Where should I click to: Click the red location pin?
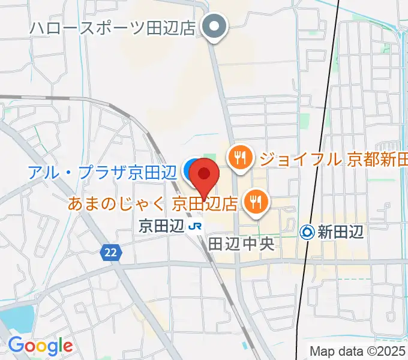205,175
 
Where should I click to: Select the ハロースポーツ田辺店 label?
112,28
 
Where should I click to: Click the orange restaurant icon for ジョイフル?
240,158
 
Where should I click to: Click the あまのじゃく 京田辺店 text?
154,203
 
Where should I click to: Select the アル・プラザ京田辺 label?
102,172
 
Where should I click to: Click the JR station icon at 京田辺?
194,226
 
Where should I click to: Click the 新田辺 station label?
341,232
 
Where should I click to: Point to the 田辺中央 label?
241,244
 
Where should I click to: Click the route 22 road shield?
109,253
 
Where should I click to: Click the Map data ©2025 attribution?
358,350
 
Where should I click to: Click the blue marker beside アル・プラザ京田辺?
191,170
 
